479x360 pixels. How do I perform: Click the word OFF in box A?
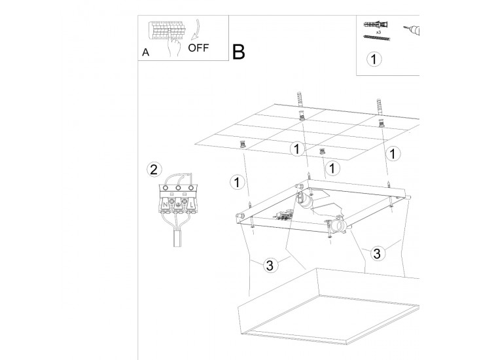(199, 48)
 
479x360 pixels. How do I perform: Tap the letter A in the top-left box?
(145, 52)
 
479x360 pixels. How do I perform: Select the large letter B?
(238, 52)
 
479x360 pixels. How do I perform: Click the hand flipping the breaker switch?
(175, 45)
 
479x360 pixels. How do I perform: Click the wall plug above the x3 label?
(376, 25)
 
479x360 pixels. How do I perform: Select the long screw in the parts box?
(376, 39)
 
